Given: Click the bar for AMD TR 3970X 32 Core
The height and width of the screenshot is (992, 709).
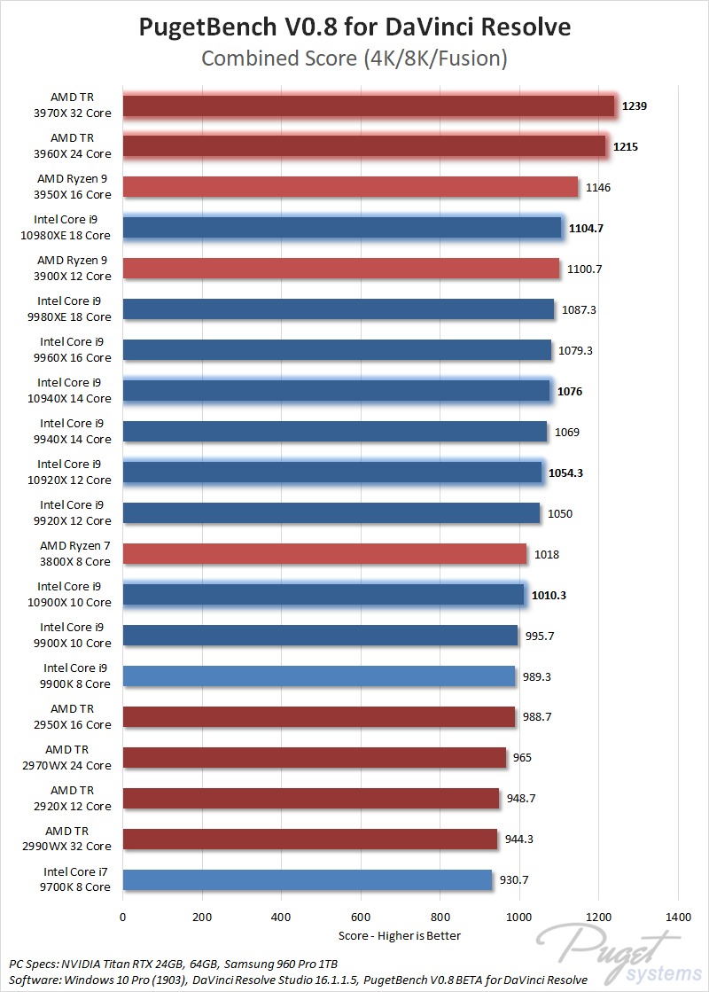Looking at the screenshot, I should pyautogui.click(x=369, y=105).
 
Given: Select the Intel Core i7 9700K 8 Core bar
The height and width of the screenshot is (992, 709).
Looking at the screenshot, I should pyautogui.click(x=307, y=879).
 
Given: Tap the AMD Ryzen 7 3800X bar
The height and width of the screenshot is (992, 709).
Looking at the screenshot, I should pyautogui.click(x=324, y=554).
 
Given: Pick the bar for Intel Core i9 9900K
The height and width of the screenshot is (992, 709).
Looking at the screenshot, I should pyautogui.click(x=318, y=676).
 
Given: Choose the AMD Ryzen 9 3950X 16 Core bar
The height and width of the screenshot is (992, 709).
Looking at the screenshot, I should pyautogui.click(x=350, y=187).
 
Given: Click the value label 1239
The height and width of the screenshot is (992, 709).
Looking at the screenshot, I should pyautogui.click(x=635, y=105).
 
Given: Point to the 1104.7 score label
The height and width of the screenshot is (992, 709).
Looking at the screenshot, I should pyautogui.click(x=586, y=228).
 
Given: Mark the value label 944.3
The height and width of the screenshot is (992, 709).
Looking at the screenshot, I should pyautogui.click(x=519, y=839).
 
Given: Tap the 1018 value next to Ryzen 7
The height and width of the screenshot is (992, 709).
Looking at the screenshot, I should pyautogui.click(x=547, y=554).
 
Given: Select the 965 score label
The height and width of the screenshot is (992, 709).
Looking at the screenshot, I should pyautogui.click(x=522, y=757).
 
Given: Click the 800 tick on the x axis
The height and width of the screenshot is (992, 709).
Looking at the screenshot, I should pyautogui.click(x=440, y=916).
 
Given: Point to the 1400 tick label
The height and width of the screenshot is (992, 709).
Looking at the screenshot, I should pyautogui.click(x=678, y=916).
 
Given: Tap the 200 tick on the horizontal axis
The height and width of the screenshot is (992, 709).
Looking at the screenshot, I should pyautogui.click(x=202, y=916).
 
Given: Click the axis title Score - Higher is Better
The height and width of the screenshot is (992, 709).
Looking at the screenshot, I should pyautogui.click(x=400, y=935).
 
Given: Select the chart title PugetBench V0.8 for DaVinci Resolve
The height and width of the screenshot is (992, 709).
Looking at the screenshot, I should pyautogui.click(x=354, y=27).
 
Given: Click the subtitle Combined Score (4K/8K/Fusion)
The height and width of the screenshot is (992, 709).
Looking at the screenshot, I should pyautogui.click(x=354, y=59).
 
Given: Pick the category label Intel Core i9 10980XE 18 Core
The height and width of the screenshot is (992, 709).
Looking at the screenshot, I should pyautogui.click(x=74, y=228).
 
